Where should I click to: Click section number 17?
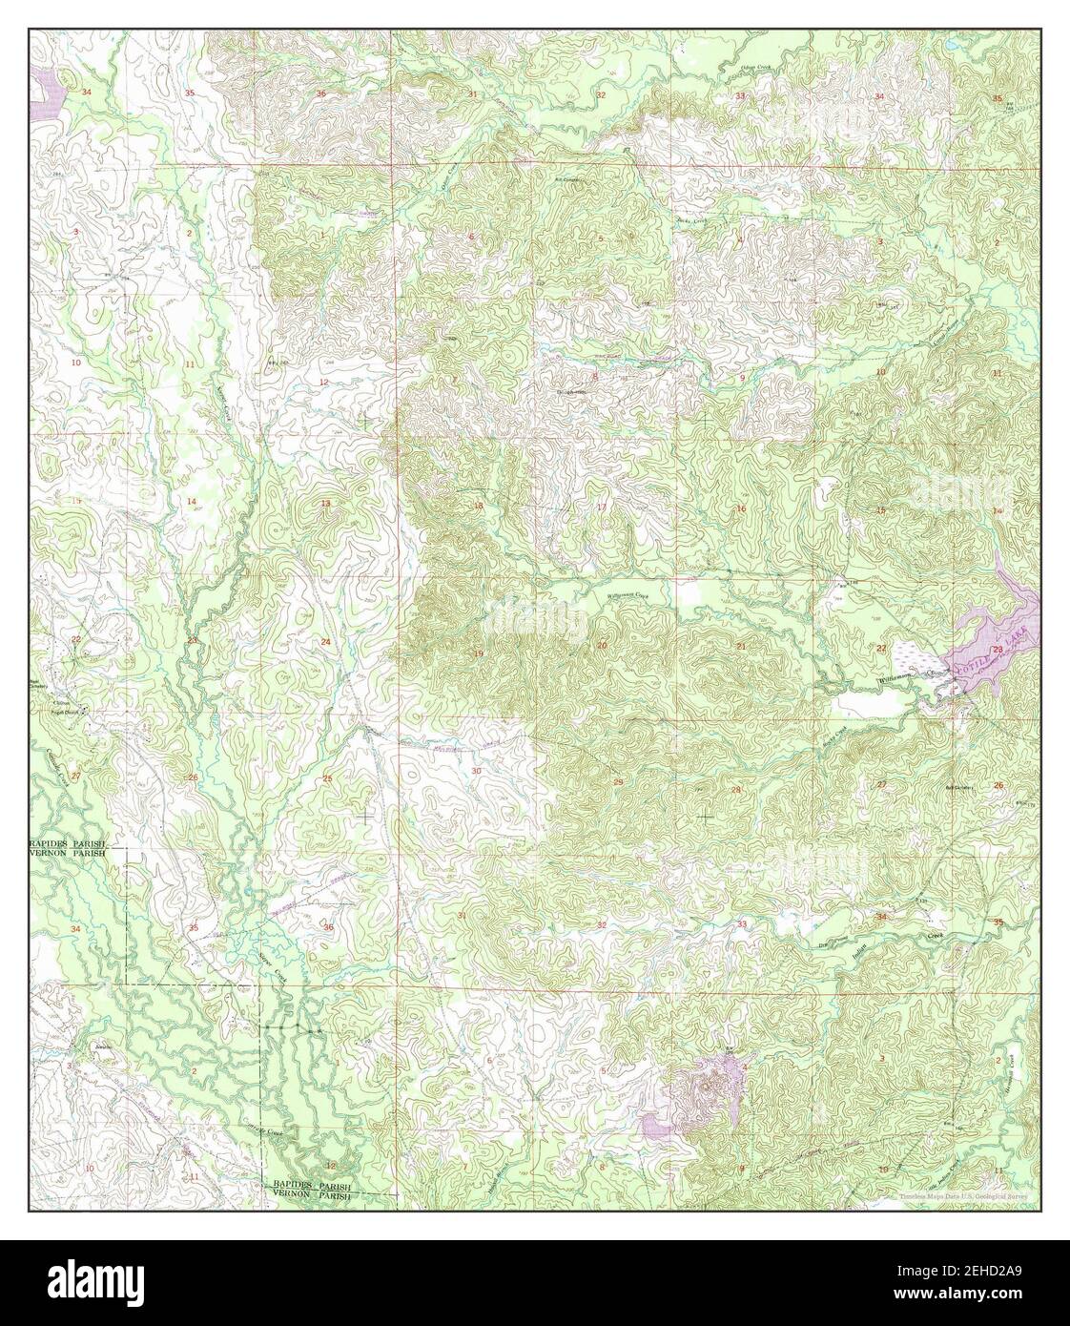(x=601, y=507)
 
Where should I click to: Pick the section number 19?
(x=479, y=653)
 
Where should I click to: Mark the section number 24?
(x=325, y=642)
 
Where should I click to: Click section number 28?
(x=735, y=790)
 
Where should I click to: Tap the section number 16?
(x=741, y=508)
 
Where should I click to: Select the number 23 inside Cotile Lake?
(x=997, y=650)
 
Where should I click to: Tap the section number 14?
(x=191, y=502)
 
